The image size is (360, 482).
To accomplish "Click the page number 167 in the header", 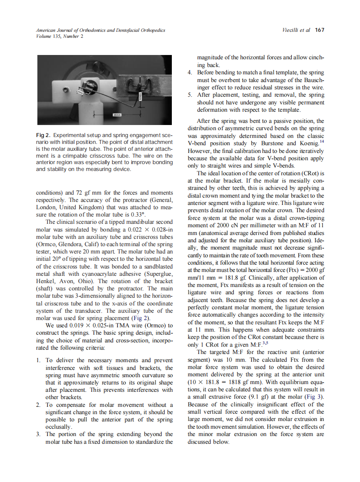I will pyautogui.click(x=319, y=30).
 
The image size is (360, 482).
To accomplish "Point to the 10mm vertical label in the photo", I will pyautogui.click(x=140, y=98).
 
